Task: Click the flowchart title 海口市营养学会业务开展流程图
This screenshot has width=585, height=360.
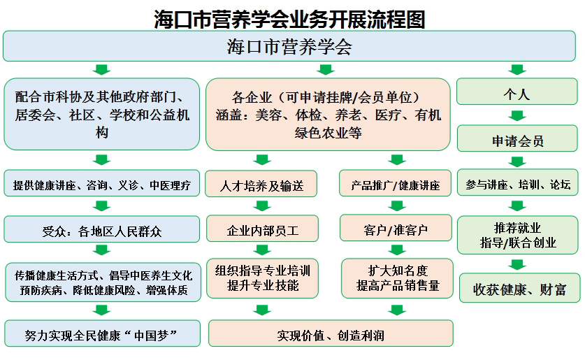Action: coord(289,19)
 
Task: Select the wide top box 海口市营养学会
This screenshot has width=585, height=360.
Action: coord(289,46)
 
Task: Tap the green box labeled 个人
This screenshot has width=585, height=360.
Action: coord(517,92)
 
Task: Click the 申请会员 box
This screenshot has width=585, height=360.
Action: coord(517,138)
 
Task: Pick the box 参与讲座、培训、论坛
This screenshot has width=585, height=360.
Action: coord(517,183)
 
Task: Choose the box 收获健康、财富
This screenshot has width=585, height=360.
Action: coord(520,288)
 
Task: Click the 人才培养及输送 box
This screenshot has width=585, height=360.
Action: coord(261,184)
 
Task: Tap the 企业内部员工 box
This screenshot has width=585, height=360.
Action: coord(263,229)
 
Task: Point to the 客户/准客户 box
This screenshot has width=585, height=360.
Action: coord(396,228)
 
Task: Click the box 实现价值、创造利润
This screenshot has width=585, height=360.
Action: coord(331,333)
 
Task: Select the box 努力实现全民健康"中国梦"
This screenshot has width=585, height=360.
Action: coord(102,333)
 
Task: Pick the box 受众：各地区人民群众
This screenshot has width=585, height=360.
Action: coord(102,229)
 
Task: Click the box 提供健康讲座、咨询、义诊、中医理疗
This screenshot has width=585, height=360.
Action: coord(102,183)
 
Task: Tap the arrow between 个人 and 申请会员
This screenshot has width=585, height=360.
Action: coord(517,115)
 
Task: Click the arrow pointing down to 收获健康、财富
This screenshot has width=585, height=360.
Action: coord(517,264)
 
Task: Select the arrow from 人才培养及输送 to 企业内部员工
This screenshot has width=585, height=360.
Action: coord(262,206)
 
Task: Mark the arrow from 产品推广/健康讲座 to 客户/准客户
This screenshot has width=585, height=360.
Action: coord(396,206)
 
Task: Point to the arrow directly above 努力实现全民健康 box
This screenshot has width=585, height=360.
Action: coord(101,310)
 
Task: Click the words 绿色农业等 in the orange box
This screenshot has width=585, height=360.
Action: coord(328,133)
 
